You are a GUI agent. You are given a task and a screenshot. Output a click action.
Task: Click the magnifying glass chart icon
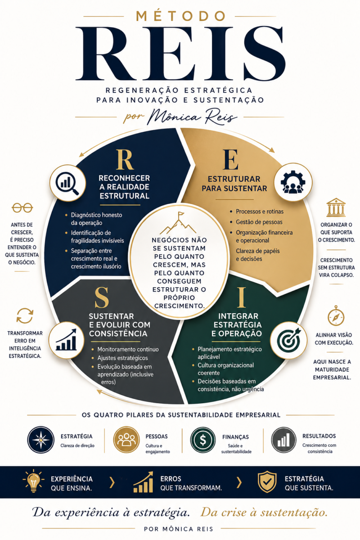pos(67,183)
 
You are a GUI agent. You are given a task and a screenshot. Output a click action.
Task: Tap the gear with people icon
pos(293,182)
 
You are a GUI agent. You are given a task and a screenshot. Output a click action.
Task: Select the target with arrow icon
pos(289,340)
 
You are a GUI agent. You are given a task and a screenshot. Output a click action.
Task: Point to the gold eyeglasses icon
pos(22,208)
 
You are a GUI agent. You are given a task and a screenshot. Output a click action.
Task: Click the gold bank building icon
pos(336,207)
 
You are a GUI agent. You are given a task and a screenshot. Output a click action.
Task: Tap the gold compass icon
pos(336,316)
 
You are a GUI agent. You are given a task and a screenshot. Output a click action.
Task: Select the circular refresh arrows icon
pos(25,315)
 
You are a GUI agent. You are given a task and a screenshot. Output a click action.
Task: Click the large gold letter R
pos(125,160)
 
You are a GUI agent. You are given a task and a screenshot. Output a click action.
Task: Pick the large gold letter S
pos(102,298)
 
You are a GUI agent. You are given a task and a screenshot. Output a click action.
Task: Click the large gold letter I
pos(241,297)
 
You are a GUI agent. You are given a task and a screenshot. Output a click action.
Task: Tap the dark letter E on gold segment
pos(231,160)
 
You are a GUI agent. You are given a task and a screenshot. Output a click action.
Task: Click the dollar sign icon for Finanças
pos(203,440)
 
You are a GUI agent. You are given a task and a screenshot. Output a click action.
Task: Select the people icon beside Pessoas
pos(126,440)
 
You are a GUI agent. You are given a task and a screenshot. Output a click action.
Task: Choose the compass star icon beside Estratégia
pos(41,440)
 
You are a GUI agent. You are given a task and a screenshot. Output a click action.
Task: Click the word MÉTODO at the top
pos(180,16)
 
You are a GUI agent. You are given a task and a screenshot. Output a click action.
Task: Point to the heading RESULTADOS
pos(319,436)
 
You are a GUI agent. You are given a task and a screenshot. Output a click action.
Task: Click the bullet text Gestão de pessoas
pos(259,222)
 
